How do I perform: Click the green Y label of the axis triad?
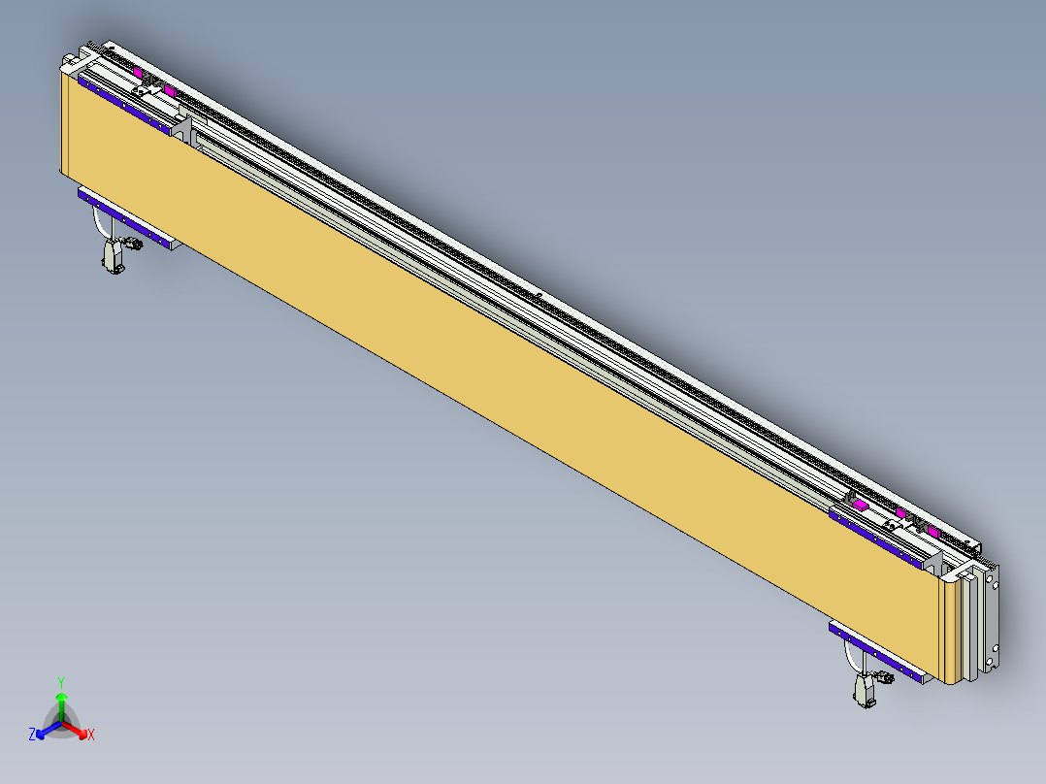[x=61, y=682]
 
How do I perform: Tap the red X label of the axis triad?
[x=91, y=735]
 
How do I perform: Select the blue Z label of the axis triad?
[x=32, y=735]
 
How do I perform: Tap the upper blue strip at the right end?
[x=878, y=535]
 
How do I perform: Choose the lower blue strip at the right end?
[x=878, y=650]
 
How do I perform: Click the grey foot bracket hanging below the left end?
[x=112, y=257]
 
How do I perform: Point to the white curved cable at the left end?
[x=97, y=224]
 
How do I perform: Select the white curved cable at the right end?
[x=849, y=661]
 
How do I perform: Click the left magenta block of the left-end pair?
[x=139, y=73]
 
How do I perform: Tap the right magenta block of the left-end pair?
[x=169, y=90]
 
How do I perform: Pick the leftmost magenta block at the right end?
[x=859, y=503]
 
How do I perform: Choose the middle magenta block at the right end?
[x=901, y=513]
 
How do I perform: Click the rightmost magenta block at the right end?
[x=933, y=532]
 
